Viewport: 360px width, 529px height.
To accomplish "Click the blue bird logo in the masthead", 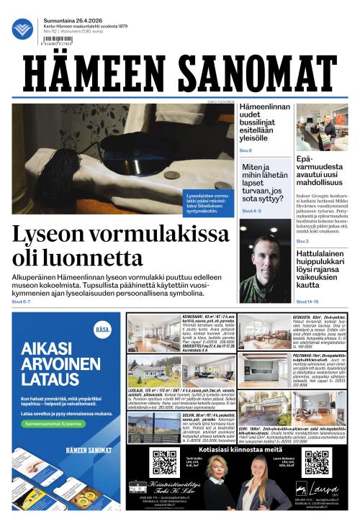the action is click(22, 29).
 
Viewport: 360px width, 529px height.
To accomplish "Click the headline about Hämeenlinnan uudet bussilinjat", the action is click(264, 123).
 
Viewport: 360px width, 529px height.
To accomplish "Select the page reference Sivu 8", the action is click(246, 150).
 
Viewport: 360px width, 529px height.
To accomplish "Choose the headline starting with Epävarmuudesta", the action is click(322, 171).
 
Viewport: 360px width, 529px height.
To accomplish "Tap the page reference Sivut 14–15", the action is click(307, 302).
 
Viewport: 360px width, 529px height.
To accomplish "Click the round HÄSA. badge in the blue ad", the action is click(103, 331).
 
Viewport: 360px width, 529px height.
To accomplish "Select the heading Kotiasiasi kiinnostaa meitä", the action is click(240, 448).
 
